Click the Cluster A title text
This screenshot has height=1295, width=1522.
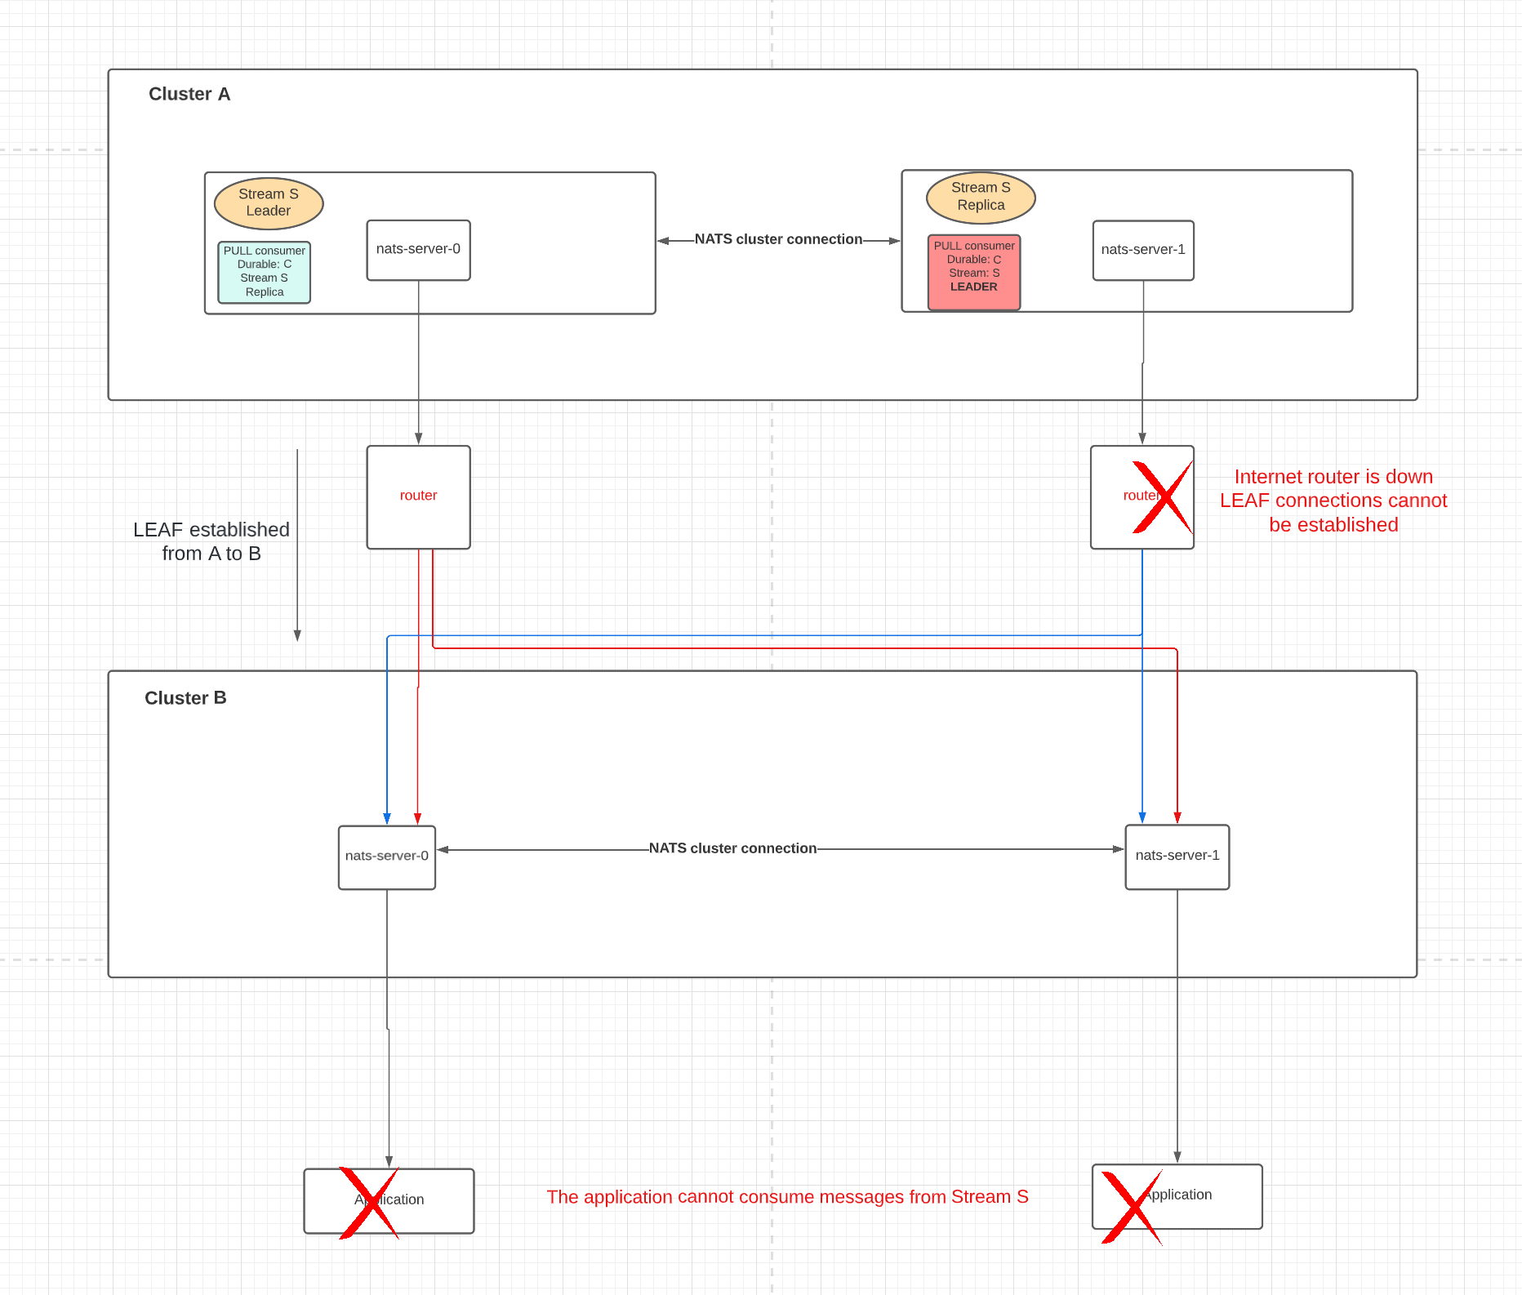pyautogui.click(x=189, y=94)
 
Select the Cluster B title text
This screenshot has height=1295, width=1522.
pyautogui.click(x=185, y=698)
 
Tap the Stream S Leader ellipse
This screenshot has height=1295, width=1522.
pyautogui.click(x=269, y=203)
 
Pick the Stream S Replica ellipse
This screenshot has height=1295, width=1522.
pyautogui.click(x=981, y=197)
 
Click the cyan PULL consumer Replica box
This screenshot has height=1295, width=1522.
pyautogui.click(x=265, y=272)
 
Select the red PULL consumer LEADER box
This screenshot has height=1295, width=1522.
pyautogui.click(x=973, y=271)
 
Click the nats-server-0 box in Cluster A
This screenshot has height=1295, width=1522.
pyautogui.click(x=418, y=250)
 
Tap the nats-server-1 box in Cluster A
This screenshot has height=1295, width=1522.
pyautogui.click(x=1142, y=250)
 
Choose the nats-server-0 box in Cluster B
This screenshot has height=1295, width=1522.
pyautogui.click(x=386, y=857)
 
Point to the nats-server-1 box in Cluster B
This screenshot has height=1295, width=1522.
pyautogui.click(x=1177, y=857)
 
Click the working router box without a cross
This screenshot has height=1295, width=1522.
pyautogui.click(x=418, y=496)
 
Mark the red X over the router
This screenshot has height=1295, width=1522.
pyautogui.click(x=1162, y=497)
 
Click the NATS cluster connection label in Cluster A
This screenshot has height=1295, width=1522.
pyautogui.click(x=778, y=239)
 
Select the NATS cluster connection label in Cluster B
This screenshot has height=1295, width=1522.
pyautogui.click(x=732, y=848)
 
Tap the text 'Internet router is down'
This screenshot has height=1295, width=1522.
pyautogui.click(x=1333, y=477)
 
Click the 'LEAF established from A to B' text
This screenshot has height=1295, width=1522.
pyautogui.click(x=211, y=541)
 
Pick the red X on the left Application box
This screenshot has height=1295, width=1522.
pyautogui.click(x=368, y=1203)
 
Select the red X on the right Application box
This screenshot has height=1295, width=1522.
pyautogui.click(x=1131, y=1207)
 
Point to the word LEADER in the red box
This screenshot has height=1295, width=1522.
pyautogui.click(x=973, y=287)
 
